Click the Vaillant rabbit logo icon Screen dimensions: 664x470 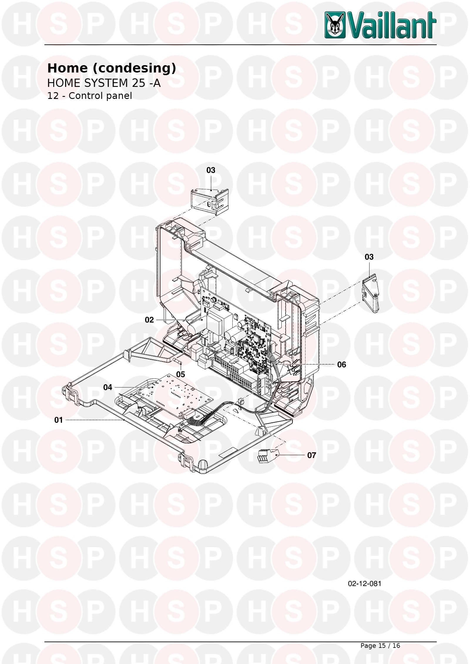335,26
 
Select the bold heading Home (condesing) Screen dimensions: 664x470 112,68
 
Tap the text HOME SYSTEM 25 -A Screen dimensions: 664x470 104,83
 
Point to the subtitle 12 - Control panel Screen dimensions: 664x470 90,96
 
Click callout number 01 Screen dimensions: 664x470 58,420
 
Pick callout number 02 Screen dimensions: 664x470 149,320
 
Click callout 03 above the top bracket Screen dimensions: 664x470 211,170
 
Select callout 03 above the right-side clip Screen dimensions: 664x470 369,257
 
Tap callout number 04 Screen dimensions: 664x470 108,387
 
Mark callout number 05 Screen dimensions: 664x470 180,374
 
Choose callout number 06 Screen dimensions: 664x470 341,365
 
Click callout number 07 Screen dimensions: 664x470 311,455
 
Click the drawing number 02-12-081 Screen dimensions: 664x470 365,584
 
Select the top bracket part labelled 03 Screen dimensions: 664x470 210,201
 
